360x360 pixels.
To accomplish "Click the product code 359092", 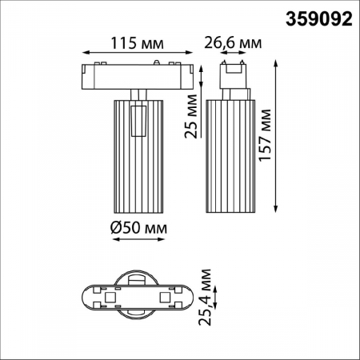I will coord(318,18).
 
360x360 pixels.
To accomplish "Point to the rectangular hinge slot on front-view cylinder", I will coord(138,121).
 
